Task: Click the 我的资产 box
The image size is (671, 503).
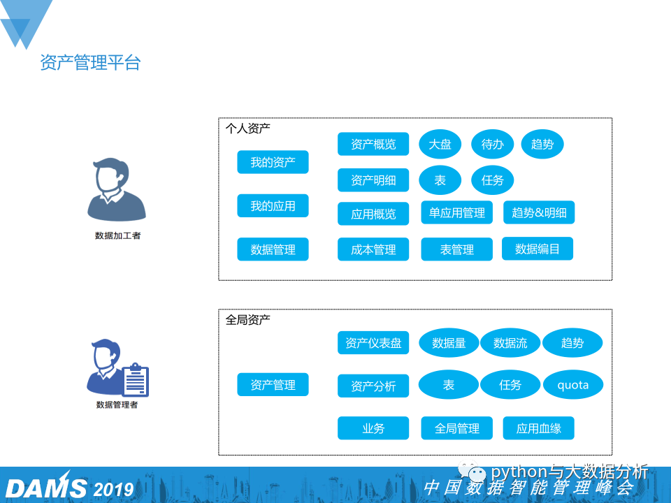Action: (273, 162)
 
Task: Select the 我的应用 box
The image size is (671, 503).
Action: (273, 205)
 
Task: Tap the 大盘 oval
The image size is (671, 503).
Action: (440, 145)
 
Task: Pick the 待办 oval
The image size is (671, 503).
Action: (493, 145)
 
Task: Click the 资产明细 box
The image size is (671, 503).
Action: (373, 180)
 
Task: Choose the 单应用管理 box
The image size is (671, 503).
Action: (457, 212)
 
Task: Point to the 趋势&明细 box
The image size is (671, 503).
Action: (539, 212)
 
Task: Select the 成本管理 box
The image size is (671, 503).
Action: (373, 249)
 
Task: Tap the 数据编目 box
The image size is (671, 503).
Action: (537, 249)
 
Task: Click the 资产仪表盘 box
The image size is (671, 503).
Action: (373, 342)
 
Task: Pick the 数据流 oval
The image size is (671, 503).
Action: (510, 343)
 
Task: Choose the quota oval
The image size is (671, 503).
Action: (572, 385)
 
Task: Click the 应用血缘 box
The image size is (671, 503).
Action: (539, 428)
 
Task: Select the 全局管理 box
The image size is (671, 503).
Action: (457, 428)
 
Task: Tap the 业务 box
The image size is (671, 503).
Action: (373, 428)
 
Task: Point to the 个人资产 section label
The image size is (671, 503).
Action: (247, 129)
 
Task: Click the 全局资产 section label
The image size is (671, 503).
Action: (247, 319)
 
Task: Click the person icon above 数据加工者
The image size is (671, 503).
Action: (117, 189)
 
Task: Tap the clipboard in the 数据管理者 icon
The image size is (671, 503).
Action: (136, 381)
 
